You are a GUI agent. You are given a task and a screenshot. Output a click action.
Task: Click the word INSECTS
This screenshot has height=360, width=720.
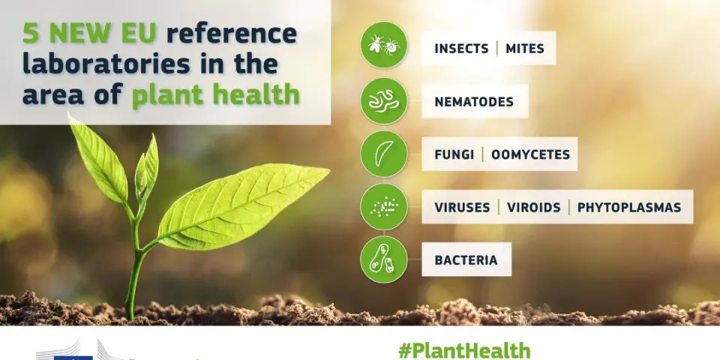[461, 49]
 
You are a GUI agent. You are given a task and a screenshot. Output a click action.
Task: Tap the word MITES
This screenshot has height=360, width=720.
[525, 49]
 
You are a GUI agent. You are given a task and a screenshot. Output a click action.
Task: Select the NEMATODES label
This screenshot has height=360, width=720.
[474, 101]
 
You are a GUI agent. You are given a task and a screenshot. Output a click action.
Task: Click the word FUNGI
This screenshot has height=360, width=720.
[454, 154]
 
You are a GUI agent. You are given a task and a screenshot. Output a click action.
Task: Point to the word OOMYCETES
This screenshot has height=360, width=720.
[530, 154]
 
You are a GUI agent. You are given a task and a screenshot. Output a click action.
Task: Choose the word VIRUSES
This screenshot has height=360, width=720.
[463, 207]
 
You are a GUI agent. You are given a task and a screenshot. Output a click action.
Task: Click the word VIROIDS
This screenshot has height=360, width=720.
[533, 207]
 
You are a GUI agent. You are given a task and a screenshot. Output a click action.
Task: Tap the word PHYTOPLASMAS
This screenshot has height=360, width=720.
[629, 207]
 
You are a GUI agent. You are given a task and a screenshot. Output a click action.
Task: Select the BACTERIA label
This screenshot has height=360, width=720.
[466, 260]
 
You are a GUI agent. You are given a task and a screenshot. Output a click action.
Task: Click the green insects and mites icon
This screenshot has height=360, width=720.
[384, 45]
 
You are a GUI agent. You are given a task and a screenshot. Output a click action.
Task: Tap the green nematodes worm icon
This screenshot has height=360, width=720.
[384, 101]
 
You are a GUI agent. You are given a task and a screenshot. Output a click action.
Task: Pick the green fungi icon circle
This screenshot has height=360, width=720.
[384, 154]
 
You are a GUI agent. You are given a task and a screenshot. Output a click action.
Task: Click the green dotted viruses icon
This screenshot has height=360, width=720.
[384, 207]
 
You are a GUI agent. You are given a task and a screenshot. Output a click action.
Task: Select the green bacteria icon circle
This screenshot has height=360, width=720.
[384, 259]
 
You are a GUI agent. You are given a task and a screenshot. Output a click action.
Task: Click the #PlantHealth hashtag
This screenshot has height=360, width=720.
[464, 350]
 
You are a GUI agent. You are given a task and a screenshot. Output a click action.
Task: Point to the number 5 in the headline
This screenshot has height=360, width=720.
[31, 34]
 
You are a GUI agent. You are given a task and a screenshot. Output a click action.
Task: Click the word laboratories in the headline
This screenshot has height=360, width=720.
[106, 64]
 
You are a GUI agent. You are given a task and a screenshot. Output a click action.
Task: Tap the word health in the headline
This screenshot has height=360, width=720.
[261, 94]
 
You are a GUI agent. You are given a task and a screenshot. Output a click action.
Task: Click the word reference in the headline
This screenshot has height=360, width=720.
[232, 34]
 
